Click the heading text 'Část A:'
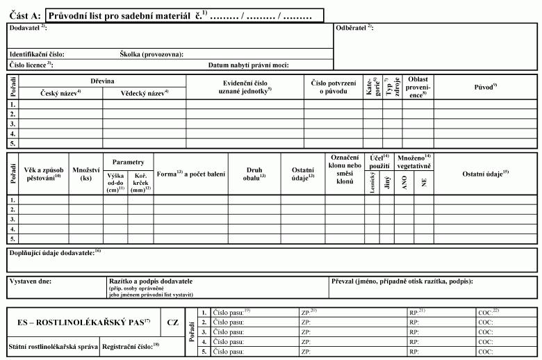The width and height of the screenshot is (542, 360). (25, 15)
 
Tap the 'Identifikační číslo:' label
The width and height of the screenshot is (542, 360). (37, 54)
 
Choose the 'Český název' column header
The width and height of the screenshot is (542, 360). (61, 92)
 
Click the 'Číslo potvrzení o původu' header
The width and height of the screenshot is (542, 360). (333, 87)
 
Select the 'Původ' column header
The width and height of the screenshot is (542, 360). (484, 86)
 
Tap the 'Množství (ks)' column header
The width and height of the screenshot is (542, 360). (86, 173)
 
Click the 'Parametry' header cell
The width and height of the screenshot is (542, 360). (129, 161)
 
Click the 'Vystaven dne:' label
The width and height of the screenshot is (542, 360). (31, 281)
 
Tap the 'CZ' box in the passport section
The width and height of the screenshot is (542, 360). (174, 322)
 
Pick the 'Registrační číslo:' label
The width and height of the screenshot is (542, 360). (129, 345)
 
